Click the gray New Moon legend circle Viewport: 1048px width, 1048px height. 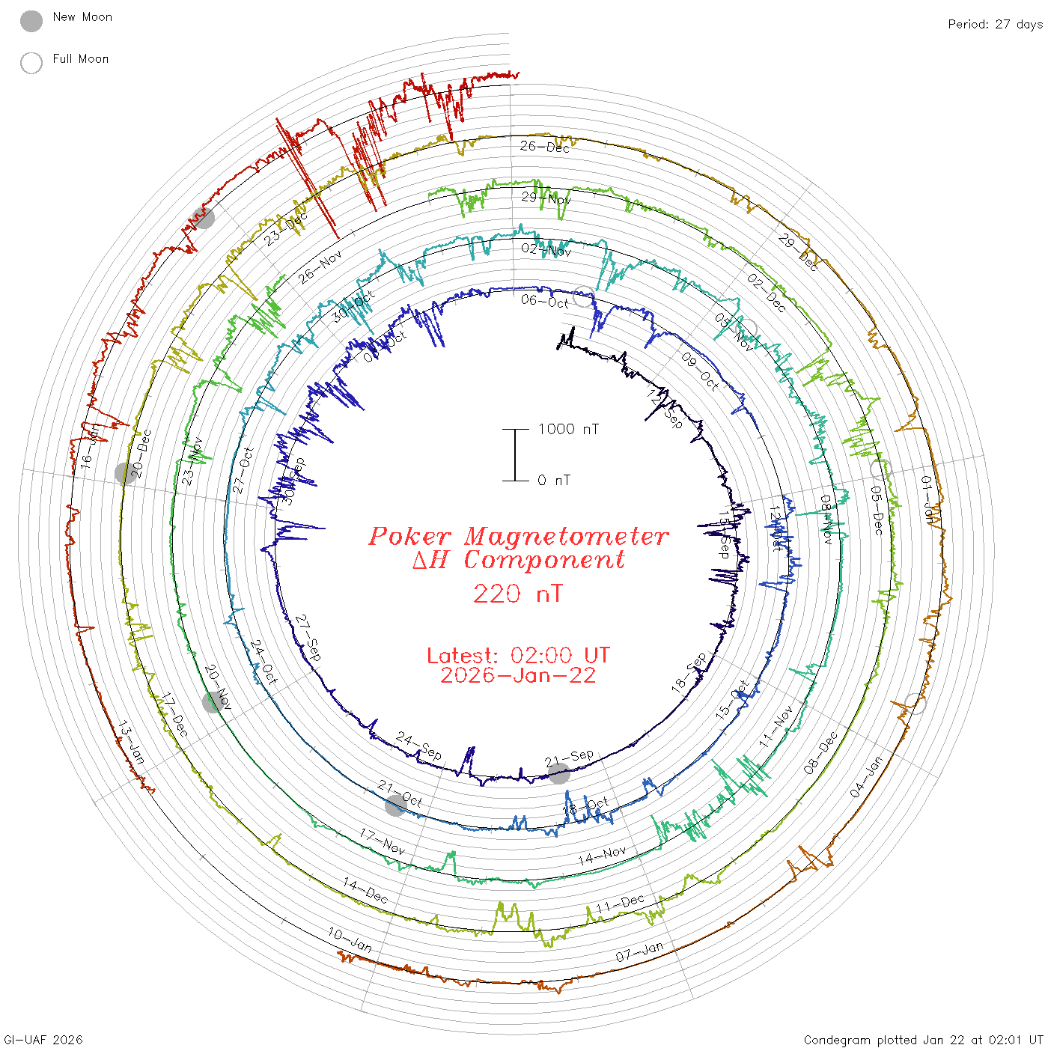pyautogui.click(x=31, y=22)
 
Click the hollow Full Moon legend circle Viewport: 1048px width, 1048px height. pyautogui.click(x=31, y=63)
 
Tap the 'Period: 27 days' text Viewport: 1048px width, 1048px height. pyautogui.click(x=995, y=25)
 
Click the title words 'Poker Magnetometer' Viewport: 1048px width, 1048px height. pyautogui.click(x=518, y=536)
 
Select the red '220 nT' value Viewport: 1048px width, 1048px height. pyautogui.click(x=517, y=594)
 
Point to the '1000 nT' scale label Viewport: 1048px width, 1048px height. pyautogui.click(x=568, y=429)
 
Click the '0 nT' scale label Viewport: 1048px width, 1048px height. pyautogui.click(x=554, y=481)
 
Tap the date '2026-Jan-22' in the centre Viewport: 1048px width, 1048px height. pyautogui.click(x=518, y=675)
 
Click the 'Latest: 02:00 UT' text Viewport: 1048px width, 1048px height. pyautogui.click(x=518, y=655)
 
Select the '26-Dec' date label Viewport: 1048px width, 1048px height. pyautogui.click(x=545, y=147)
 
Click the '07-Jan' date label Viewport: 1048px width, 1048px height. pyautogui.click(x=639, y=952)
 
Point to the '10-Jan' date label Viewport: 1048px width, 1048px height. pyautogui.click(x=350, y=939)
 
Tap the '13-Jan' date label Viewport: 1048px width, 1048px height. pyautogui.click(x=131, y=743)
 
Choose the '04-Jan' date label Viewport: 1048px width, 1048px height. pyautogui.click(x=867, y=776)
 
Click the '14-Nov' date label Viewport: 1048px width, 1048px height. pyautogui.click(x=601, y=856)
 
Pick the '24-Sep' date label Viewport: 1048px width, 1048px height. pyautogui.click(x=418, y=746)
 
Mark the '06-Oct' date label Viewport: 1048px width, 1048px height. pyautogui.click(x=545, y=301)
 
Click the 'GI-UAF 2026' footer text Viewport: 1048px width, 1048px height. pyautogui.click(x=42, y=1040)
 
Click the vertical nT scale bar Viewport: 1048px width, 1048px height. pyautogui.click(x=515, y=455)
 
